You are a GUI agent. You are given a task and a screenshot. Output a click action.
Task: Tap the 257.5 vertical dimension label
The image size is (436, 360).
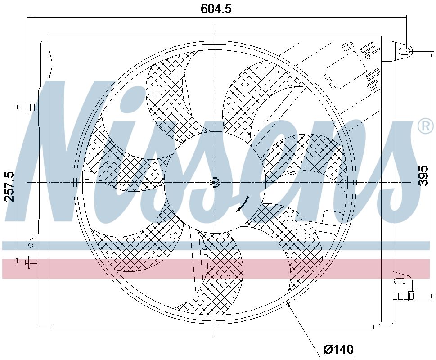coord(10,186)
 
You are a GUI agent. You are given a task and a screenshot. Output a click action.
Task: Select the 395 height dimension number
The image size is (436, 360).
coord(423,176)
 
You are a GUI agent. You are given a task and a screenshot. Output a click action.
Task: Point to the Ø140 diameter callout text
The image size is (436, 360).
coord(338,349)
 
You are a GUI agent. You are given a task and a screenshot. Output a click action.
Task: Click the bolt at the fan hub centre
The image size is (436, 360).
coord(215,182)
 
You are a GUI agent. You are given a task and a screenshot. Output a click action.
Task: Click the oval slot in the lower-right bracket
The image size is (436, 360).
coord(399,281)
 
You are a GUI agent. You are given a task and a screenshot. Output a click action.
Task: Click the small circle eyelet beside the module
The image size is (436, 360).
coord(369,55)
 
